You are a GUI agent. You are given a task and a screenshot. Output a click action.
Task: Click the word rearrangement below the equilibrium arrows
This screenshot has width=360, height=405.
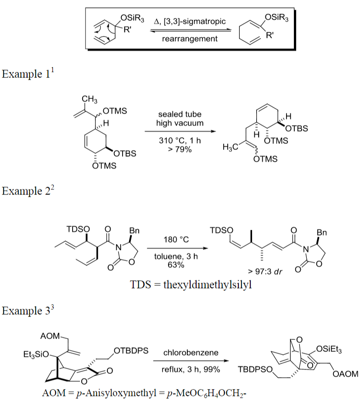point(190,39)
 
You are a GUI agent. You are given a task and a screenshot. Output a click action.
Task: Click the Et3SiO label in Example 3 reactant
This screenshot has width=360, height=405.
point(35,355)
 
